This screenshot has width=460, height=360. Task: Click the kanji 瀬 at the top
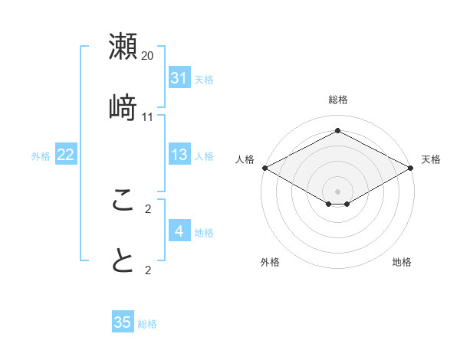coord(123,47)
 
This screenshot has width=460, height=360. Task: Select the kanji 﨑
coord(123,106)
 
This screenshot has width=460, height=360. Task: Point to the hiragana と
coord(123,260)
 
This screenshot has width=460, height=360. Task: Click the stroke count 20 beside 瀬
coord(148,56)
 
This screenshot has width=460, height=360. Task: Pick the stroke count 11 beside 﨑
coord(148,116)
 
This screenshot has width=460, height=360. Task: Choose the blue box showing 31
coord(179,78)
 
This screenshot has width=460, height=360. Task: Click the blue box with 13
coord(179,155)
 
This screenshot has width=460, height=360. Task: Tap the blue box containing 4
coord(179,231)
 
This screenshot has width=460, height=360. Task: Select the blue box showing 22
coord(66,155)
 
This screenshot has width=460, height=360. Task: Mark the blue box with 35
coord(123,322)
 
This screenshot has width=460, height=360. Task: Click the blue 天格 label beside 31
coord(204,79)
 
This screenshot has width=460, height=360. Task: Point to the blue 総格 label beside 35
coord(147,324)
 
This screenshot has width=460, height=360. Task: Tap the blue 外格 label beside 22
coord(41,155)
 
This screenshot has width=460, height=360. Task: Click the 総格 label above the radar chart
coord(337,100)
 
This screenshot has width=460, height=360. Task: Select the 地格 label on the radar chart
coord(402,262)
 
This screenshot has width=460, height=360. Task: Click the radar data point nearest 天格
coord(412,168)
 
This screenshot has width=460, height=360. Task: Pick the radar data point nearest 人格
coord(264,168)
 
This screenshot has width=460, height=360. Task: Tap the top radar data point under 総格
coord(337,131)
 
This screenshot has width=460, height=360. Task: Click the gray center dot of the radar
coord(337,191)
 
